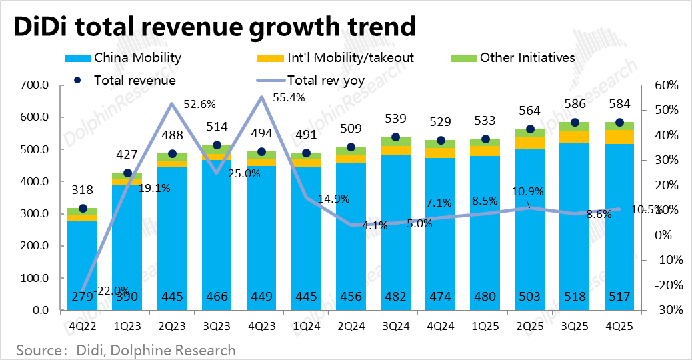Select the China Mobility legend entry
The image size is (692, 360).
coord(137,58)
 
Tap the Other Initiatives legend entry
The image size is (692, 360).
coord(527,58)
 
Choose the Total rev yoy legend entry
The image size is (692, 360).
coord(325,80)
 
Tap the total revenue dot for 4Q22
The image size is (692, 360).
coord(82,209)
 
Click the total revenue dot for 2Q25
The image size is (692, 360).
coord(530,129)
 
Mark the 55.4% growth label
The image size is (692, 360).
coord(289,97)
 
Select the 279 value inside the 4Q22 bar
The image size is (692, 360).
coord(82,297)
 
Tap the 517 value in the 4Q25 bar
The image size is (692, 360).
coord(619,297)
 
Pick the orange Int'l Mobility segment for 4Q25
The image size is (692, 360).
coord(619,137)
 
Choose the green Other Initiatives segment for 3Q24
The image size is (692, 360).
coord(396,141)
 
